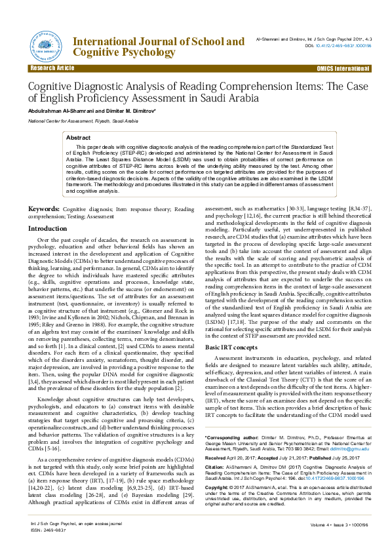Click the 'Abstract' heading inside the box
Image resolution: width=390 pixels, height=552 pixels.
point(79,138)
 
